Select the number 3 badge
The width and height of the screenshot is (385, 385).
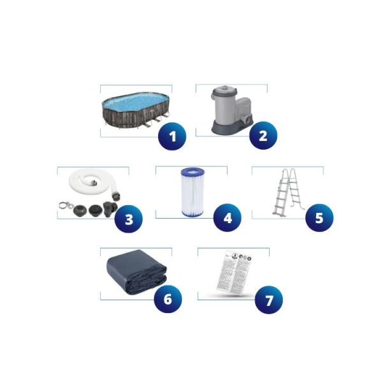(x=129, y=220)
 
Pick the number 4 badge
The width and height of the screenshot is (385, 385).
(x=228, y=218)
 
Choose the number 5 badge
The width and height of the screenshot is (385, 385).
(x=319, y=218)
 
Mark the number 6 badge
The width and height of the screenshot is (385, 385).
(x=168, y=298)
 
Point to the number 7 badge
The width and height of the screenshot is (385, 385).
(x=268, y=298)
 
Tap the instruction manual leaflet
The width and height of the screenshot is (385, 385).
(x=231, y=273)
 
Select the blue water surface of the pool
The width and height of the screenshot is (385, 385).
(x=134, y=103)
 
